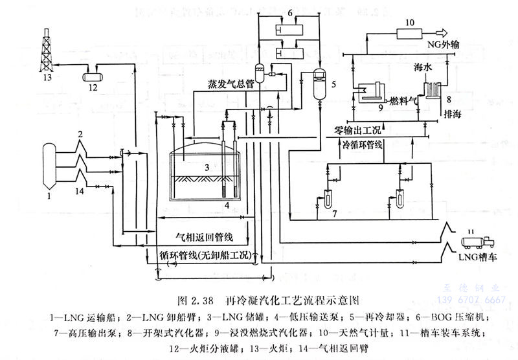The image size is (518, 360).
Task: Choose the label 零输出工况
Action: [x=359, y=129]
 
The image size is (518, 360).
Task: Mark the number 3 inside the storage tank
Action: [x=206, y=167]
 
